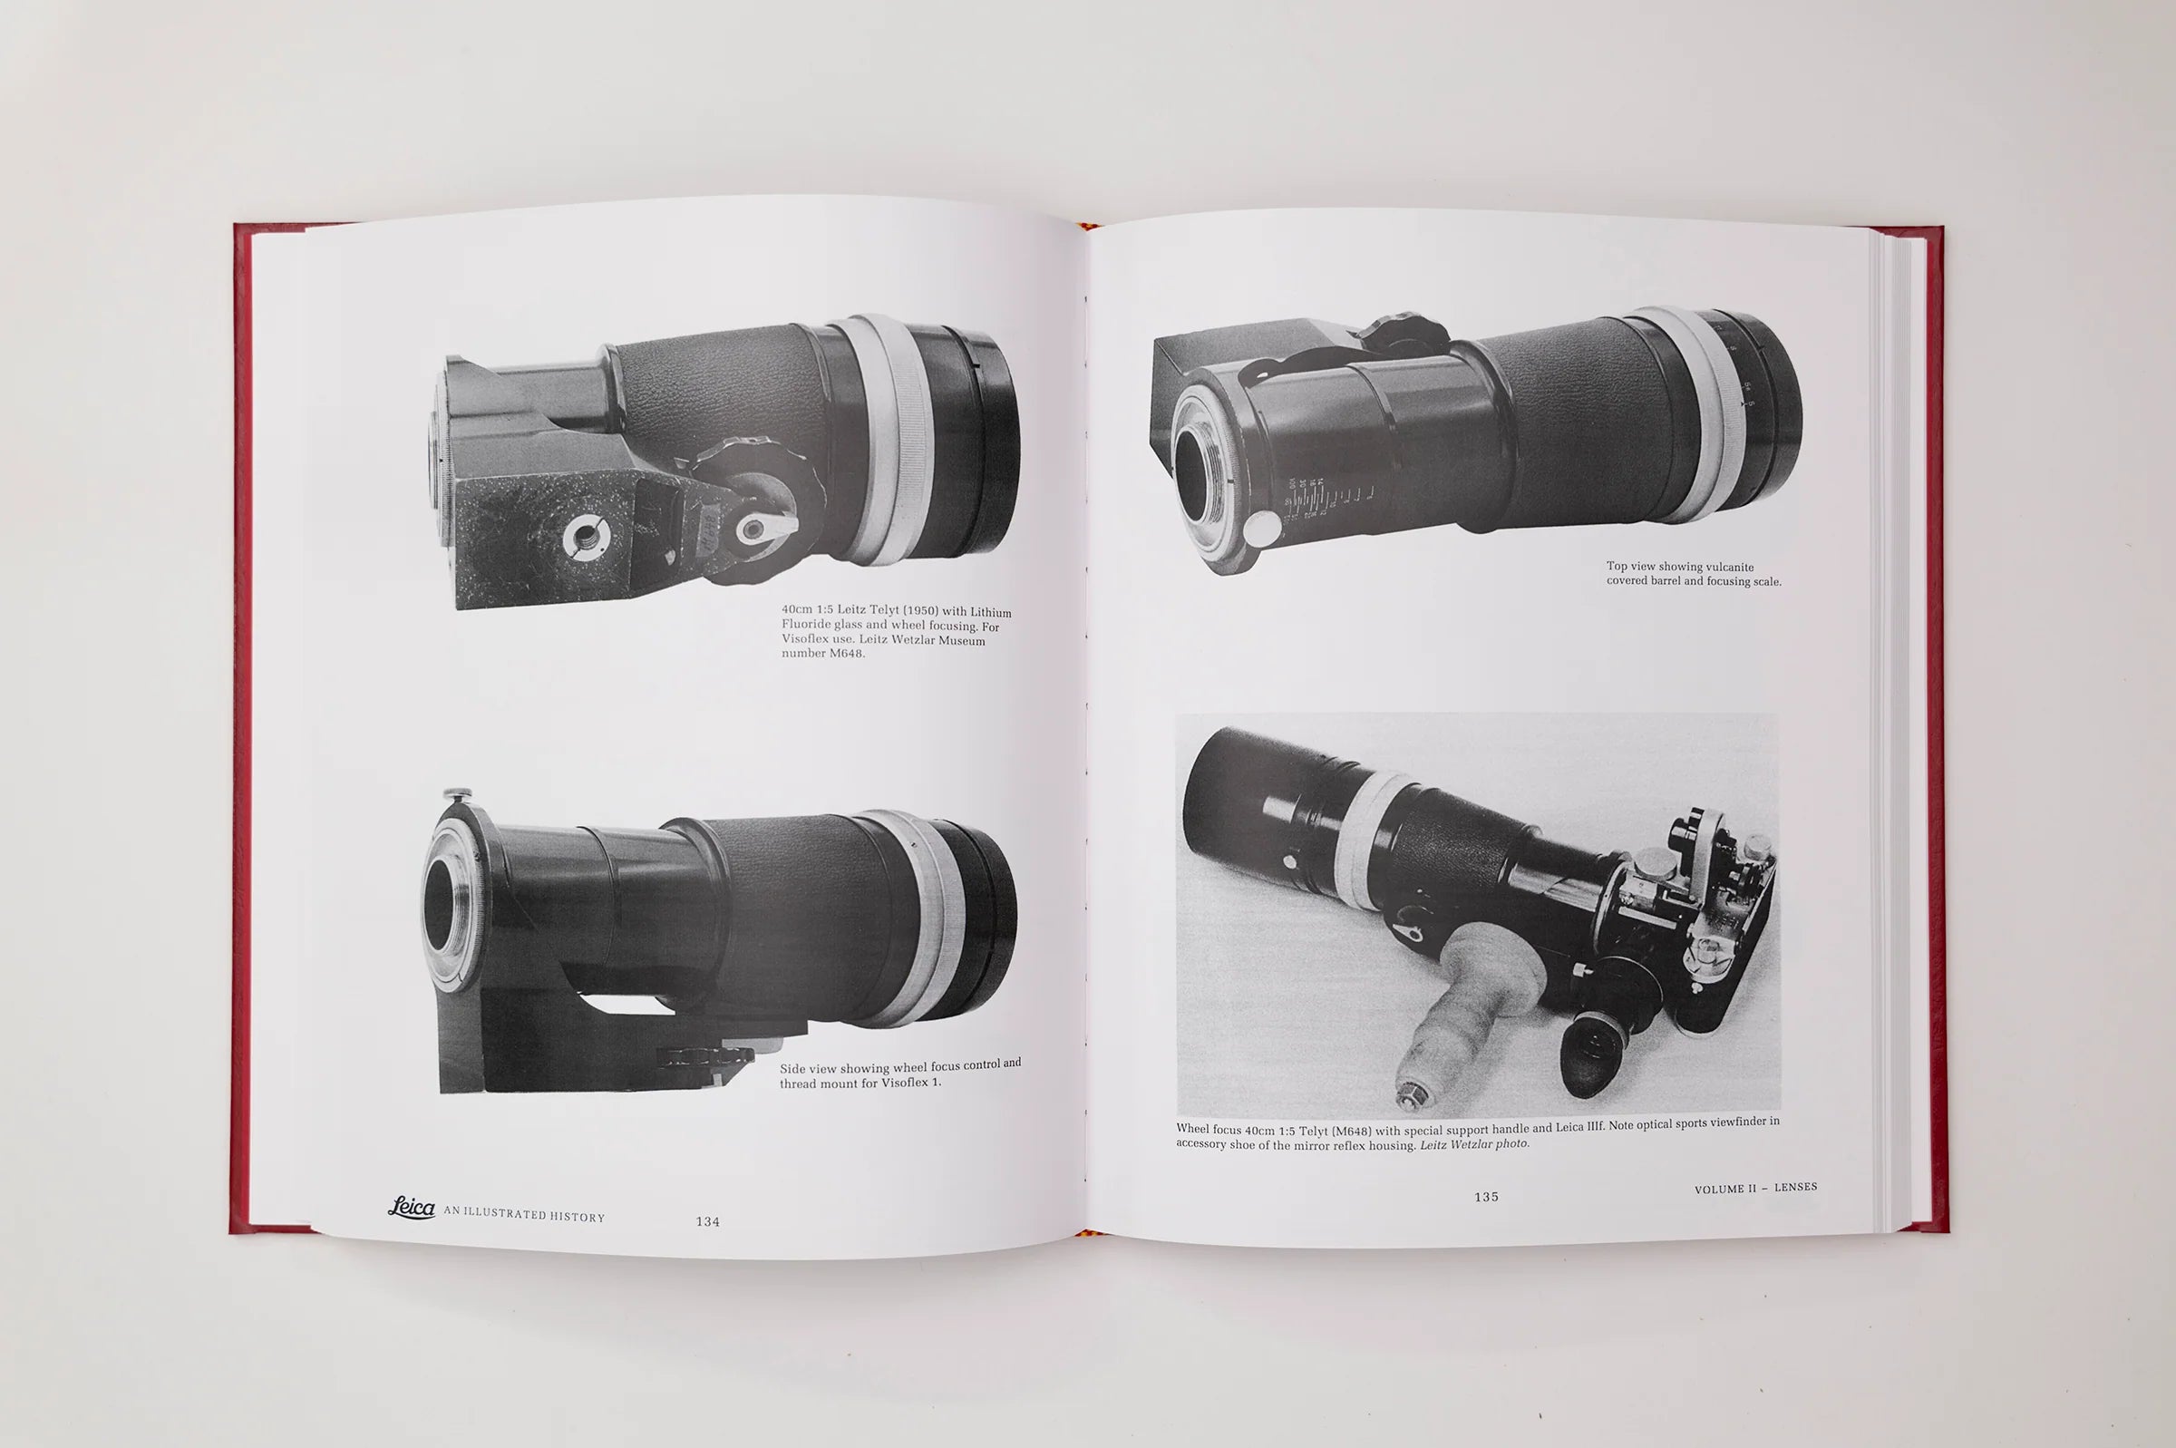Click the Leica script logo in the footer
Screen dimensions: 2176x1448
tap(412, 1207)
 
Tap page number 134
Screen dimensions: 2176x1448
tap(707, 1221)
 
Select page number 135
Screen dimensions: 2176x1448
tap(1486, 1197)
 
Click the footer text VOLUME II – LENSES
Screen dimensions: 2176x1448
tap(1756, 1188)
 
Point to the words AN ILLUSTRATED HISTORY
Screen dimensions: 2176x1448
tap(524, 1215)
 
